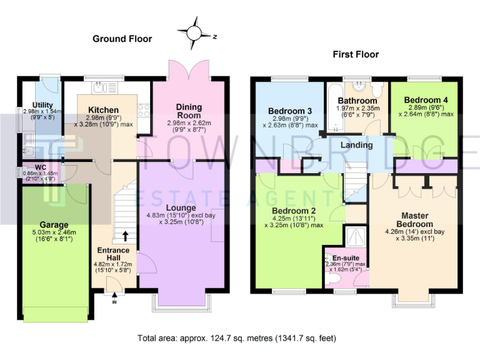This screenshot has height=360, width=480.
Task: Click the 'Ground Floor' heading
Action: (122, 39)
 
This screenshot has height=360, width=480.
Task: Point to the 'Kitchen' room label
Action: (104, 110)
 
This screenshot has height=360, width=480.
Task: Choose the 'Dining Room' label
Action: (189, 111)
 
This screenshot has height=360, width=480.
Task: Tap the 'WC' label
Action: (41, 167)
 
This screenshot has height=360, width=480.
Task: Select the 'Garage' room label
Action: (54, 225)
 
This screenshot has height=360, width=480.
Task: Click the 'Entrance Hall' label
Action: (113, 255)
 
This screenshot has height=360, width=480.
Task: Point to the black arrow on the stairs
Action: (126, 236)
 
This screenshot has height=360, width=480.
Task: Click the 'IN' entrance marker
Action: (114, 302)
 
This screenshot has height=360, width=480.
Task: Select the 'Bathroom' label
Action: (357, 101)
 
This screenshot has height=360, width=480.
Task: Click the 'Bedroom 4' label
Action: (426, 100)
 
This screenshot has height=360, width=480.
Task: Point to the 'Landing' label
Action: (356, 145)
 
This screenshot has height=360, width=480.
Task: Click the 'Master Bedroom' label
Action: (415, 219)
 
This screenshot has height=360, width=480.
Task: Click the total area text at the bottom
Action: (236, 338)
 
